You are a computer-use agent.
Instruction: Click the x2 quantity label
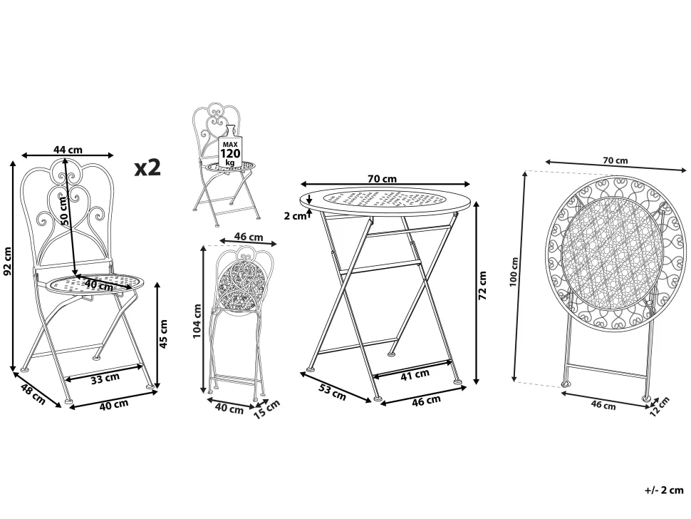pos(147,168)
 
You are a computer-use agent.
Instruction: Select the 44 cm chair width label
pos(68,150)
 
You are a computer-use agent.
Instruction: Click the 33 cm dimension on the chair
pos(105,378)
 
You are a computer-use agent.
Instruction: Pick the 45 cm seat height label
pos(163,334)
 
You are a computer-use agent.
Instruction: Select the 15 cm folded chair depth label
pos(267,408)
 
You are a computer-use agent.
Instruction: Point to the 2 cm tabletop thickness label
pos(295,216)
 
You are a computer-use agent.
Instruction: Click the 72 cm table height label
pos(482,285)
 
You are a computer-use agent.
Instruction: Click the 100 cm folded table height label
pos(514,272)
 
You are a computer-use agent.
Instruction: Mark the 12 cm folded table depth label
pos(659,406)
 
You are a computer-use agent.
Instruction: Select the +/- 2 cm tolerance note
pos(664,490)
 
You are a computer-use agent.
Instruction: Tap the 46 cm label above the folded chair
pos(249,237)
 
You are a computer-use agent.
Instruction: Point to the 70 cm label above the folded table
pos(615,160)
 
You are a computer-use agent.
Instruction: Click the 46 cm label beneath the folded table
pos(603,404)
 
